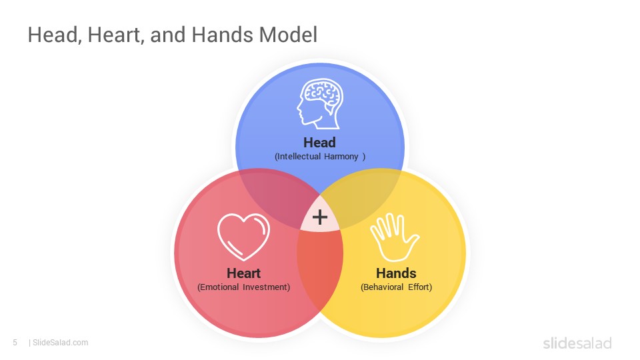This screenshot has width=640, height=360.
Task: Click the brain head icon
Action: tap(319, 104)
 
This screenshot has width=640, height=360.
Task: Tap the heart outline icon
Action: tap(244, 237)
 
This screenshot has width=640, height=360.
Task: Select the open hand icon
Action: tap(394, 237)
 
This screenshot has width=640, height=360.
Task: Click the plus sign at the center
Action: tap(320, 217)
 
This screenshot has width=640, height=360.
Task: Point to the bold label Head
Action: tap(319, 143)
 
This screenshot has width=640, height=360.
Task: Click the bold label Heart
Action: tap(244, 273)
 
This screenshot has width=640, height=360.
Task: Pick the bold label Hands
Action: tap(396, 273)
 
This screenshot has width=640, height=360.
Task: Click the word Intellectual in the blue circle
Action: tap(298, 156)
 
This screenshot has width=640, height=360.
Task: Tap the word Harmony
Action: tap(341, 156)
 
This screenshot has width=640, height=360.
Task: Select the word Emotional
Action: tap(219, 287)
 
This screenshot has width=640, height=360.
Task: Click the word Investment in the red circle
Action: tap(266, 287)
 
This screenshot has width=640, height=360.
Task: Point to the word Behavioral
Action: tap(382, 287)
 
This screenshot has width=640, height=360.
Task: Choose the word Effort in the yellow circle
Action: tap(420, 287)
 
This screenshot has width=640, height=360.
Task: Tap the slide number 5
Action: tap(15, 343)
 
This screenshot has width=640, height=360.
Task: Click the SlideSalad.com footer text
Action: tap(61, 343)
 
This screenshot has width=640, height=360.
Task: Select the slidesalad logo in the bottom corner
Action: tap(577, 343)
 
